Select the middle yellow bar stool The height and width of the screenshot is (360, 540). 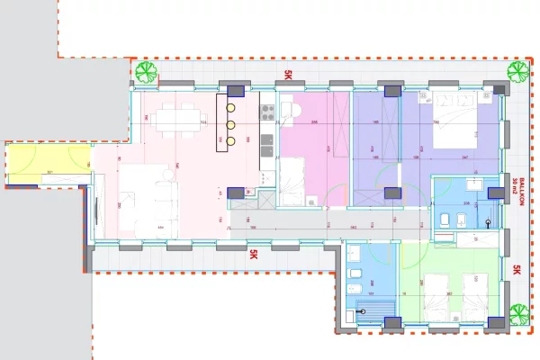tap(230, 125)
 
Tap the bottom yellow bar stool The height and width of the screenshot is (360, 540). tap(230, 140)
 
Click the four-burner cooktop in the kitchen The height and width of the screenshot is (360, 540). tap(266, 112)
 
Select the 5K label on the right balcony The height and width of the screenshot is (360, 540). tap(517, 270)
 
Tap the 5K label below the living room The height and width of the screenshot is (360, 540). tap(254, 255)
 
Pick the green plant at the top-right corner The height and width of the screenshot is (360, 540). tap(517, 72)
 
